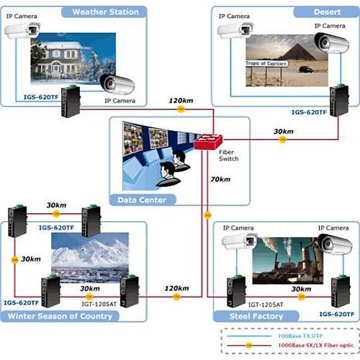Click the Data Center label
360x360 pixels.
140,199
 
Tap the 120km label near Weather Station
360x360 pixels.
180,99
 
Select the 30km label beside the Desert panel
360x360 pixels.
283,131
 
